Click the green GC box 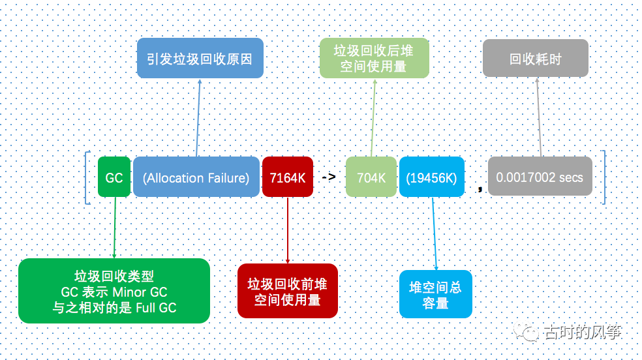[114, 177]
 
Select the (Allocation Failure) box [196, 177]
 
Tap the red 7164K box [287, 177]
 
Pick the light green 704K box [371, 177]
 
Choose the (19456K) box [431, 177]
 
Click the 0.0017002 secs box [540, 177]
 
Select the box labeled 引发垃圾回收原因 [200, 59]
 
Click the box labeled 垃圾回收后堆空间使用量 [374, 58]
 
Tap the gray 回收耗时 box [535, 59]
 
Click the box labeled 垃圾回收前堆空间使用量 [287, 292]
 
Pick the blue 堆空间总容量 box [435, 295]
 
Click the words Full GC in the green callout [156, 307]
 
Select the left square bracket [88, 177]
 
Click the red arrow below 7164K [288, 228]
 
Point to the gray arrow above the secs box [539, 117]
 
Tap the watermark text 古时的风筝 [581, 332]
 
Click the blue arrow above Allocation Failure [198, 117]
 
